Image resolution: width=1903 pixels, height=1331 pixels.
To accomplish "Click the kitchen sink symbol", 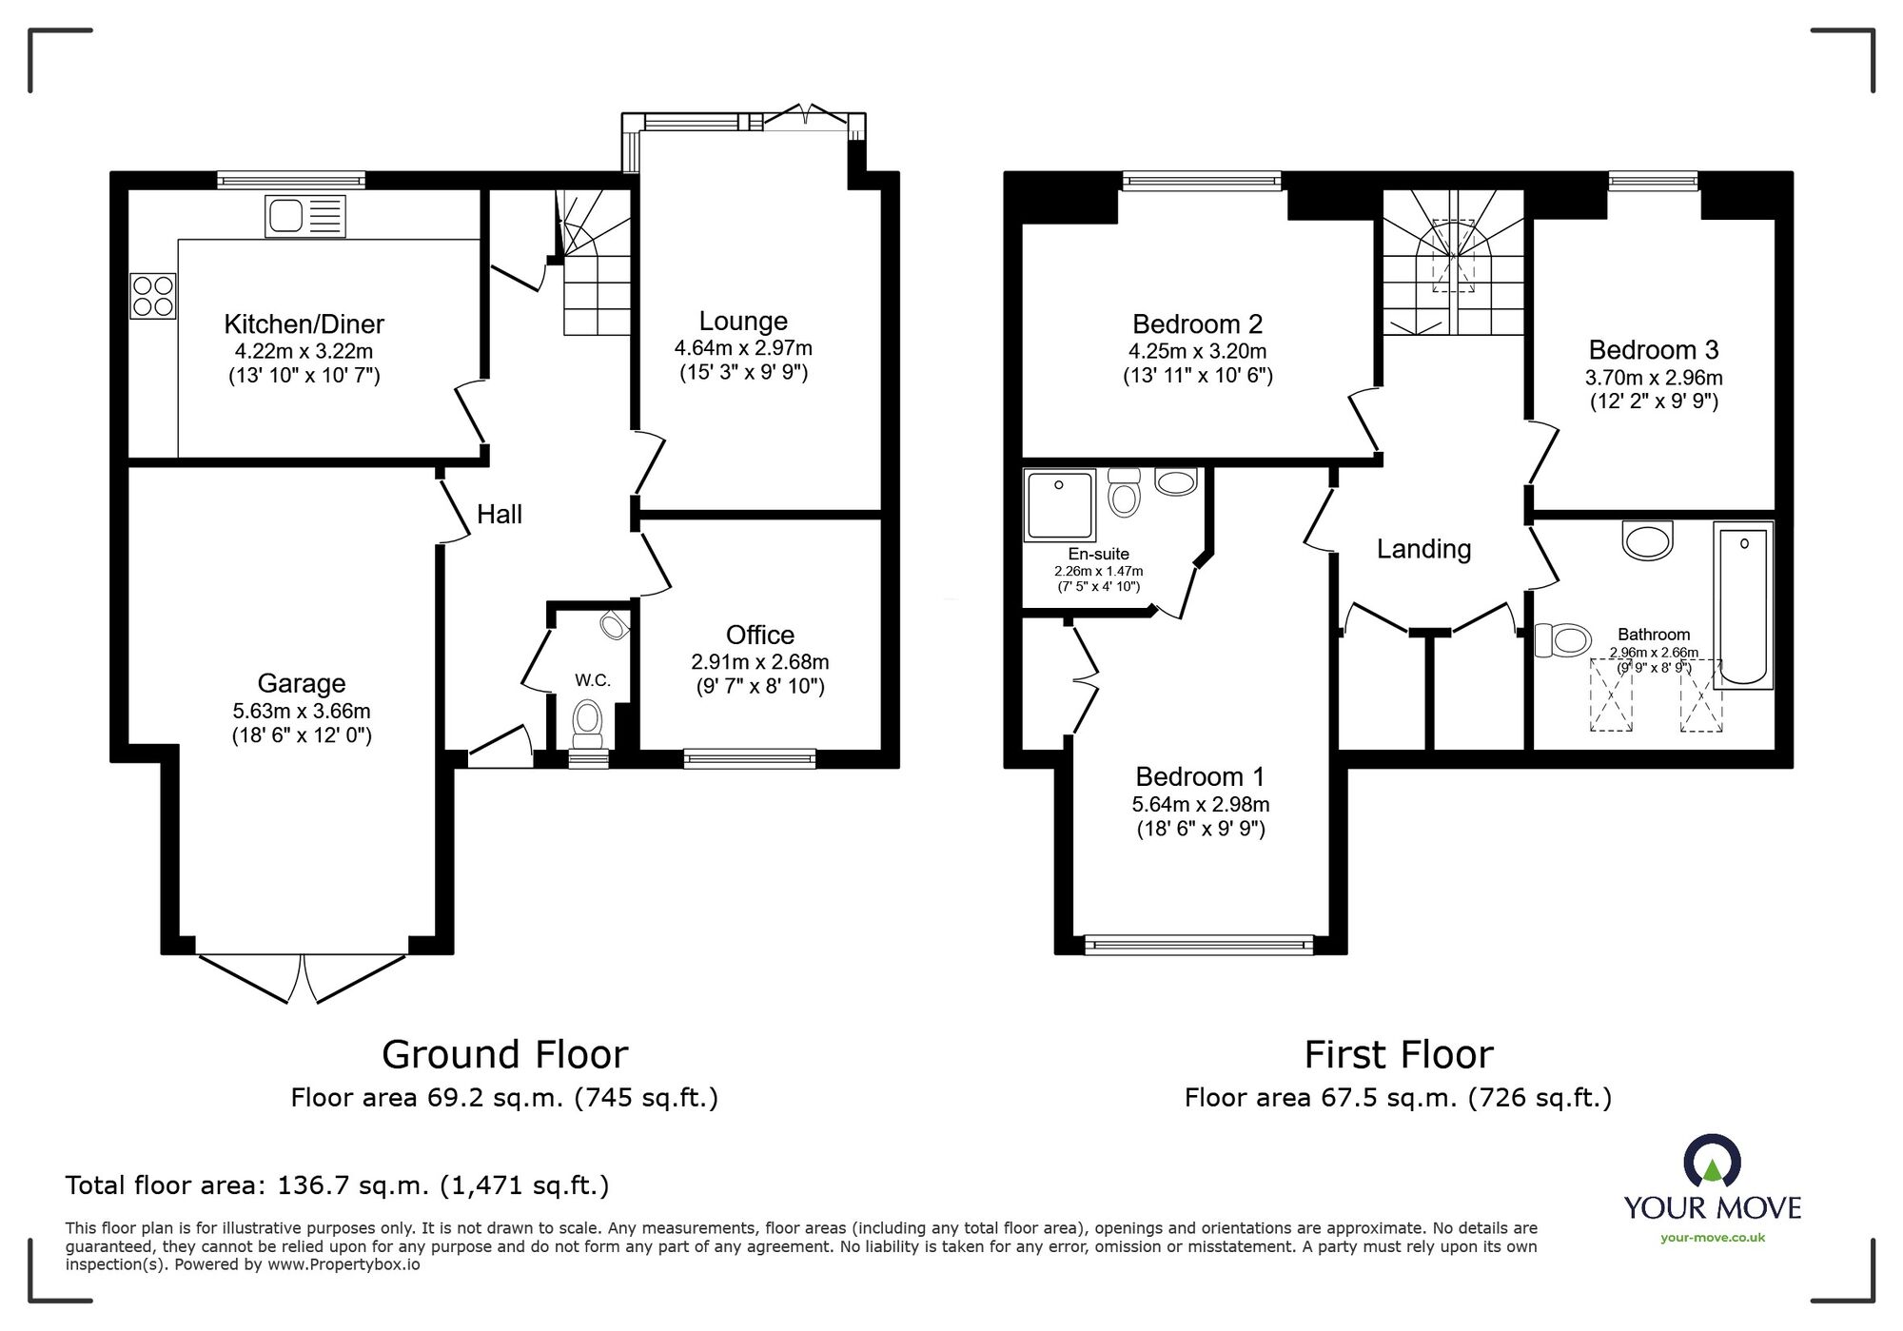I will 304,217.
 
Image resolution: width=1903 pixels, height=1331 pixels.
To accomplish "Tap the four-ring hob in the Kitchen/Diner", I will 153,295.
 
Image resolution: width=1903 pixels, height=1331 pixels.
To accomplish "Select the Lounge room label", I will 743,322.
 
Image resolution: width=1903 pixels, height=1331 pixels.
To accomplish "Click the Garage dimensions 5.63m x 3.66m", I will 302,711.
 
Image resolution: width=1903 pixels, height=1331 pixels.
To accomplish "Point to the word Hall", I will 500,515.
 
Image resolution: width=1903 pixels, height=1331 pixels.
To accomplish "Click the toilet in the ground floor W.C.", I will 588,725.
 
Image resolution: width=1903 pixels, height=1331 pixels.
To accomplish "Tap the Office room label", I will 759,635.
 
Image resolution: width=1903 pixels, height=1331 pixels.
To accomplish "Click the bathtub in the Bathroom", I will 1743,605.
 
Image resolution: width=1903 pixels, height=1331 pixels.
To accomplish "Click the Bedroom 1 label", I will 1200,776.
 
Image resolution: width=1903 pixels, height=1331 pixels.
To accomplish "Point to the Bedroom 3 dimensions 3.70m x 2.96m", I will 1654,378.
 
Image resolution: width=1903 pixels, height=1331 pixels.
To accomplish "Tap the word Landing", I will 1423,549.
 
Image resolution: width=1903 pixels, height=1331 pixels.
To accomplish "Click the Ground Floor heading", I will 504,1054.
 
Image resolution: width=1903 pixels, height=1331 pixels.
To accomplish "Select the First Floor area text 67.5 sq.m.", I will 1398,1098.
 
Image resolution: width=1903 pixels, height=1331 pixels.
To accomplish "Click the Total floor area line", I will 337,1185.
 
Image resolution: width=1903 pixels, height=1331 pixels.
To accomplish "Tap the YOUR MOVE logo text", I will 1712,1208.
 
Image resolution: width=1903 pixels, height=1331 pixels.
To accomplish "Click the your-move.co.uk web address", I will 1712,1238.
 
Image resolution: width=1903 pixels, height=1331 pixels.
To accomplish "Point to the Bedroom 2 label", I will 1197,324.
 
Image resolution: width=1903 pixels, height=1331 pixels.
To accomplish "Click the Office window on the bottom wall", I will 749,758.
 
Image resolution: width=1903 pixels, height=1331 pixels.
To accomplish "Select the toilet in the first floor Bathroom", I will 1562,639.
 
